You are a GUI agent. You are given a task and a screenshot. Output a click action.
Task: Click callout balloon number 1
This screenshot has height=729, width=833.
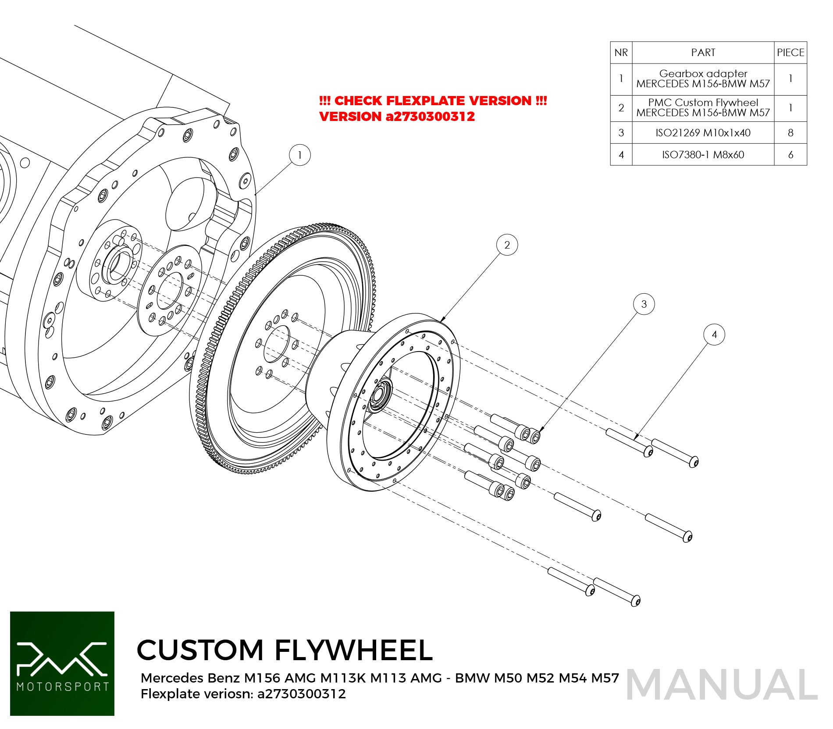300,155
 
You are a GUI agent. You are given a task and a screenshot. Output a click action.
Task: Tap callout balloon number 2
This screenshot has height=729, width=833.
507,245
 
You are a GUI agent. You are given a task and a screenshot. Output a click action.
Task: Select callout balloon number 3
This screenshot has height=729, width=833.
644,304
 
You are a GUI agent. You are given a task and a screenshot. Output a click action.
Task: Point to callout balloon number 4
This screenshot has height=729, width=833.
714,335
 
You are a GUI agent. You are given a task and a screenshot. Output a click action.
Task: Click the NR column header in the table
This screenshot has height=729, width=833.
621,53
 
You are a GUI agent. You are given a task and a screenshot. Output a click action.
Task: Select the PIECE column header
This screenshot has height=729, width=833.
790,53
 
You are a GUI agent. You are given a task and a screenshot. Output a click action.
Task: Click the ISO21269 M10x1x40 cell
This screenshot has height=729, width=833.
703,133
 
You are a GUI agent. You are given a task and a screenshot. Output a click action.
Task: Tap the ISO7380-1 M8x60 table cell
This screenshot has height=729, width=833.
703,155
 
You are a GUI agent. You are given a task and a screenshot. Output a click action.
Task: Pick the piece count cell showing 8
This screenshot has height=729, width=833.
790,133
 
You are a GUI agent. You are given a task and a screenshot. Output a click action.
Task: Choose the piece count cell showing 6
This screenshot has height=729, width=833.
790,155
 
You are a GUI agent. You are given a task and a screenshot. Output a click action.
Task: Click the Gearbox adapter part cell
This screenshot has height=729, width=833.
703,79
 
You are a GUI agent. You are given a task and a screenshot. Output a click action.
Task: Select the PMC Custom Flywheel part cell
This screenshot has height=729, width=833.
703,108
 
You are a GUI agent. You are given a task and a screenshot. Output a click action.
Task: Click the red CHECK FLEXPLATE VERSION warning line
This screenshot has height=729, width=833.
433,101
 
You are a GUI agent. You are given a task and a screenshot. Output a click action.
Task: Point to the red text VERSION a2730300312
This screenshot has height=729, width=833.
397,117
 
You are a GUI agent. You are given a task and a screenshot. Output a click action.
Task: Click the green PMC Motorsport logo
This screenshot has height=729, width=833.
62,664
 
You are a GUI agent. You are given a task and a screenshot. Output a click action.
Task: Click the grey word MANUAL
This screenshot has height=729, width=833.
722,685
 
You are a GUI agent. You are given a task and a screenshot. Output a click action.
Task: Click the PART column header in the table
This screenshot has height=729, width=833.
703,53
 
